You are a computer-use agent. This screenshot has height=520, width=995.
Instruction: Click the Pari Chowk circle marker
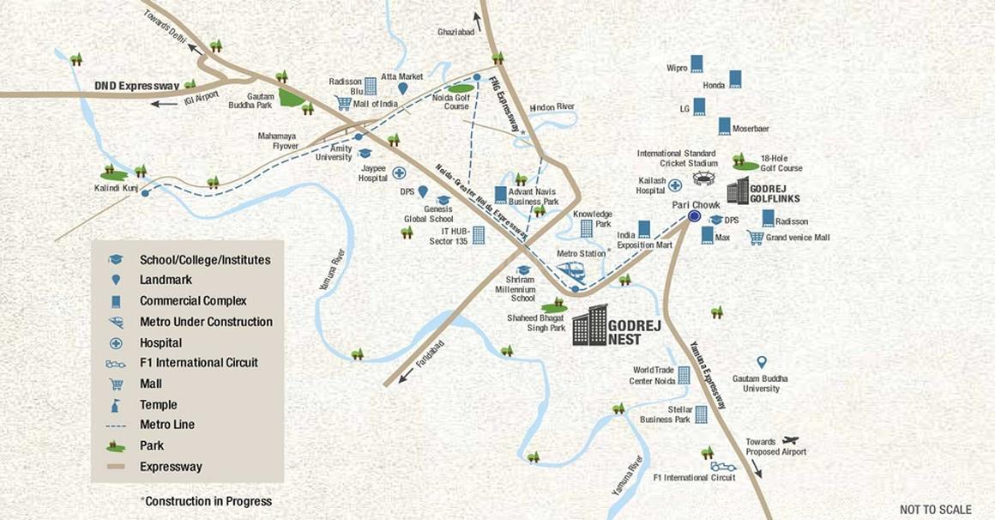click(694, 216)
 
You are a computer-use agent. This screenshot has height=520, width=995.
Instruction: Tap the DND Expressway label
click(136, 86)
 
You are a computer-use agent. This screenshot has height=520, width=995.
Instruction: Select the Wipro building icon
click(697, 63)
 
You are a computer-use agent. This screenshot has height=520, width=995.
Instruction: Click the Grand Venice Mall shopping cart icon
click(755, 238)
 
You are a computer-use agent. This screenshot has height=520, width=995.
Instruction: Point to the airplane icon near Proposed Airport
click(790, 440)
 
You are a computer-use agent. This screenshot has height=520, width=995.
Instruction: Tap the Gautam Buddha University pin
click(761, 363)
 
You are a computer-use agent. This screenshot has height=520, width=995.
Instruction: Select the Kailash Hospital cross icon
click(675, 184)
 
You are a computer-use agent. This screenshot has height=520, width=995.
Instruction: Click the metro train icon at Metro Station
click(570, 272)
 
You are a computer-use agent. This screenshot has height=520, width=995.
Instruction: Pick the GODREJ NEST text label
click(635, 333)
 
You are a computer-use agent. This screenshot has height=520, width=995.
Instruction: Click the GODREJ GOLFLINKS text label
click(775, 192)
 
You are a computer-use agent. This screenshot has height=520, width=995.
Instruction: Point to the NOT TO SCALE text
click(936, 510)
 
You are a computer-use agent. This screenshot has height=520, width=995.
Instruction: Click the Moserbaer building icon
click(725, 126)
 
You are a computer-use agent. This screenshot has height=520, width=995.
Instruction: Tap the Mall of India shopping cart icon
click(344, 104)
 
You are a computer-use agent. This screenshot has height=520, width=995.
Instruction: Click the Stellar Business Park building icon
click(701, 414)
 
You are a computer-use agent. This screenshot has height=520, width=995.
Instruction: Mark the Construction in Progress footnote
click(206, 501)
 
